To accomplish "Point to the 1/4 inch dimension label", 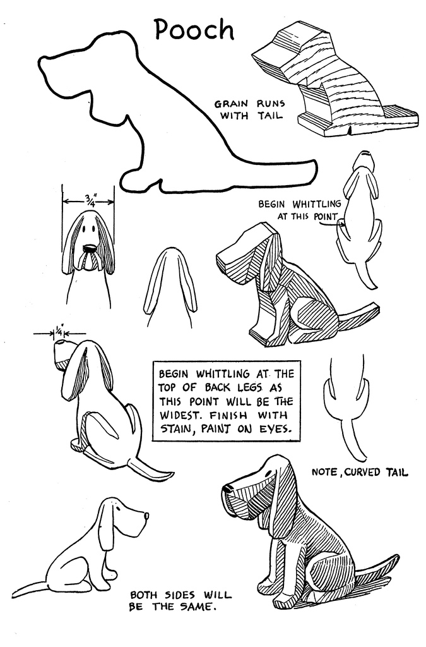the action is tap(59, 331).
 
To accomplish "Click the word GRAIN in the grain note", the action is tap(231, 104).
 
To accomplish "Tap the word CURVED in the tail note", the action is tap(362, 471).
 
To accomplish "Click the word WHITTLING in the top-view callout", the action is tap(317, 204).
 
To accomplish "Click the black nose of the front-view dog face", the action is tap(90, 248).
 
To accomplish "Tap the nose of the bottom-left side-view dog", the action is tap(146, 516).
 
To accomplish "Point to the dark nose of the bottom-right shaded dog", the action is tap(227, 488).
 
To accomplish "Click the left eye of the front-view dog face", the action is tap(84, 229).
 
